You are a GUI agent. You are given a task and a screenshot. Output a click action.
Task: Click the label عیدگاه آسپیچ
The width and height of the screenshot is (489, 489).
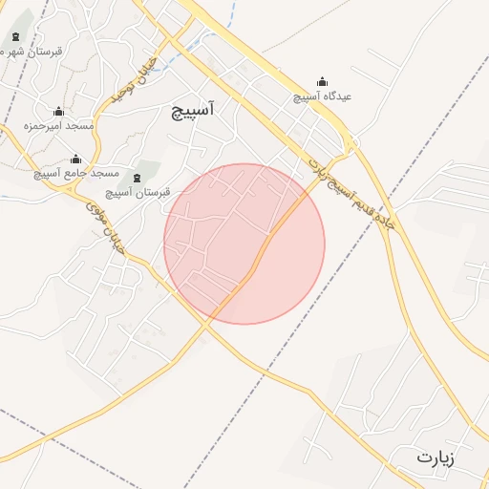coord(322,96)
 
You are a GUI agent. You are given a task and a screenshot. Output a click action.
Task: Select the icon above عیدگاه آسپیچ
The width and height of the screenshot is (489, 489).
coord(322,81)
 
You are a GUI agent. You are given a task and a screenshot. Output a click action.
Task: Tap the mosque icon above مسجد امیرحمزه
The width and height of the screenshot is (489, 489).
coord(58,111)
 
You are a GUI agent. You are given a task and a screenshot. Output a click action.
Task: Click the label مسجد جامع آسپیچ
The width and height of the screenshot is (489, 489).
coord(76,174)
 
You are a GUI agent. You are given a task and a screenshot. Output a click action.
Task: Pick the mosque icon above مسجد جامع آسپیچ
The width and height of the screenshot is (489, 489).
coord(76,159)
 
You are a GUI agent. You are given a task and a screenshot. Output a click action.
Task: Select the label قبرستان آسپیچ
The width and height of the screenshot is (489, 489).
coord(138,192)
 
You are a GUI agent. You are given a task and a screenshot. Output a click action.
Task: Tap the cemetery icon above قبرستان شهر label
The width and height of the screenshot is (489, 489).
coord(15,38)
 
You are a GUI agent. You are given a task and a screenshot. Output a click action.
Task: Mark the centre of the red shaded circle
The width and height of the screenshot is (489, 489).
coord(244,244)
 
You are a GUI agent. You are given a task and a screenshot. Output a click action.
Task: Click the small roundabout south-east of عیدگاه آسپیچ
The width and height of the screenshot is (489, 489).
coord(352,146)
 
